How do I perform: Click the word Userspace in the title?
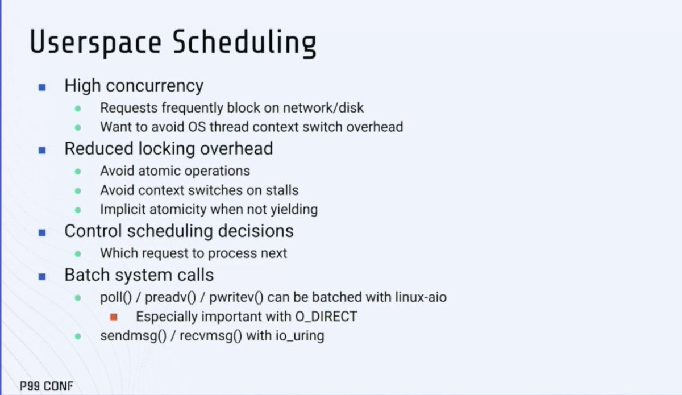click(95, 43)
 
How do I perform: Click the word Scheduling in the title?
click(244, 43)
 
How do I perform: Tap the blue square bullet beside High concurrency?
click(42, 88)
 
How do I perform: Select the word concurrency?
click(155, 86)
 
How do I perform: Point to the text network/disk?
click(323, 108)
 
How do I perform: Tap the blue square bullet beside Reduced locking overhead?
click(42, 150)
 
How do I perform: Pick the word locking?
click(167, 149)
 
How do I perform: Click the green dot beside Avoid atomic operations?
click(78, 172)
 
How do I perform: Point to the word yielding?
click(294, 210)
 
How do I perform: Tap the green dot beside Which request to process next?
click(78, 254)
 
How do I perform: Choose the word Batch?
click(88, 275)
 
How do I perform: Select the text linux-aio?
click(421, 297)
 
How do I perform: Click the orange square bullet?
click(114, 317)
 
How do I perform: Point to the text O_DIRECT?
click(326, 317)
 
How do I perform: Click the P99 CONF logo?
click(47, 386)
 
